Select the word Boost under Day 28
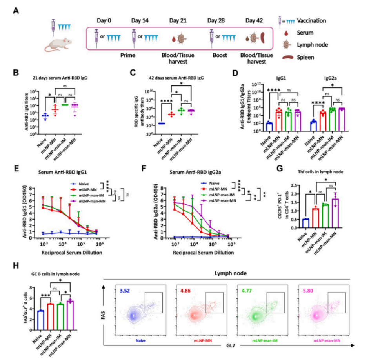pyautogui.click(x=218, y=56)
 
